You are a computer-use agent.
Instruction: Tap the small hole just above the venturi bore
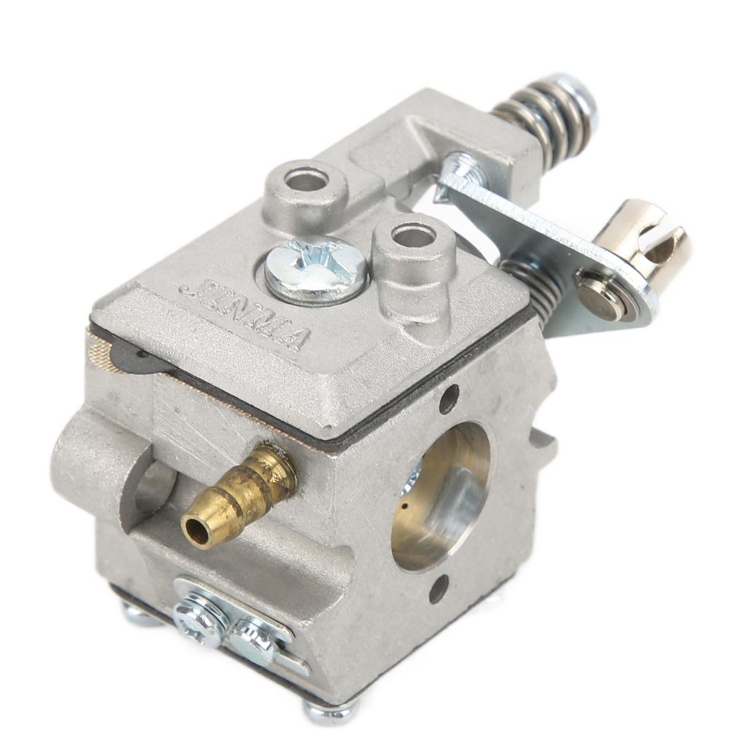pos(449,398)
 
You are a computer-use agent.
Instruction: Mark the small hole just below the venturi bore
pos(439,588)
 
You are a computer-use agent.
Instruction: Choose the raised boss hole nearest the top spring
pos(305,178)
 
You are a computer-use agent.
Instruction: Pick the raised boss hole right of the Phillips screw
pos(414,236)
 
